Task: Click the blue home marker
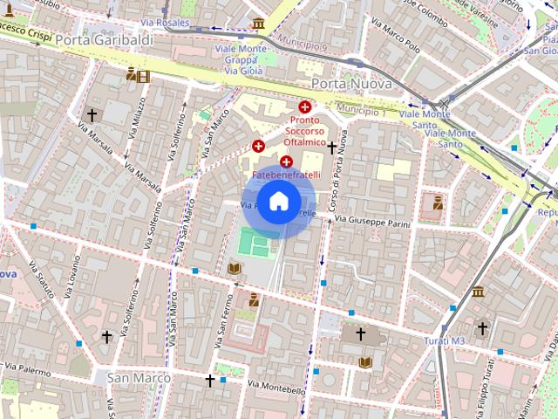[x=278, y=202]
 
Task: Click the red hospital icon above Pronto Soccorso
[x=303, y=106]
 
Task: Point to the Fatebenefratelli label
[x=292, y=175]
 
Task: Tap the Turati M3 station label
[x=446, y=340]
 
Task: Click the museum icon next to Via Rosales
[x=258, y=24]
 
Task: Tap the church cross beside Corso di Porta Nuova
[x=331, y=148]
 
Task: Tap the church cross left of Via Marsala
[x=92, y=115]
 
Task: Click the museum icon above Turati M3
[x=478, y=292]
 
